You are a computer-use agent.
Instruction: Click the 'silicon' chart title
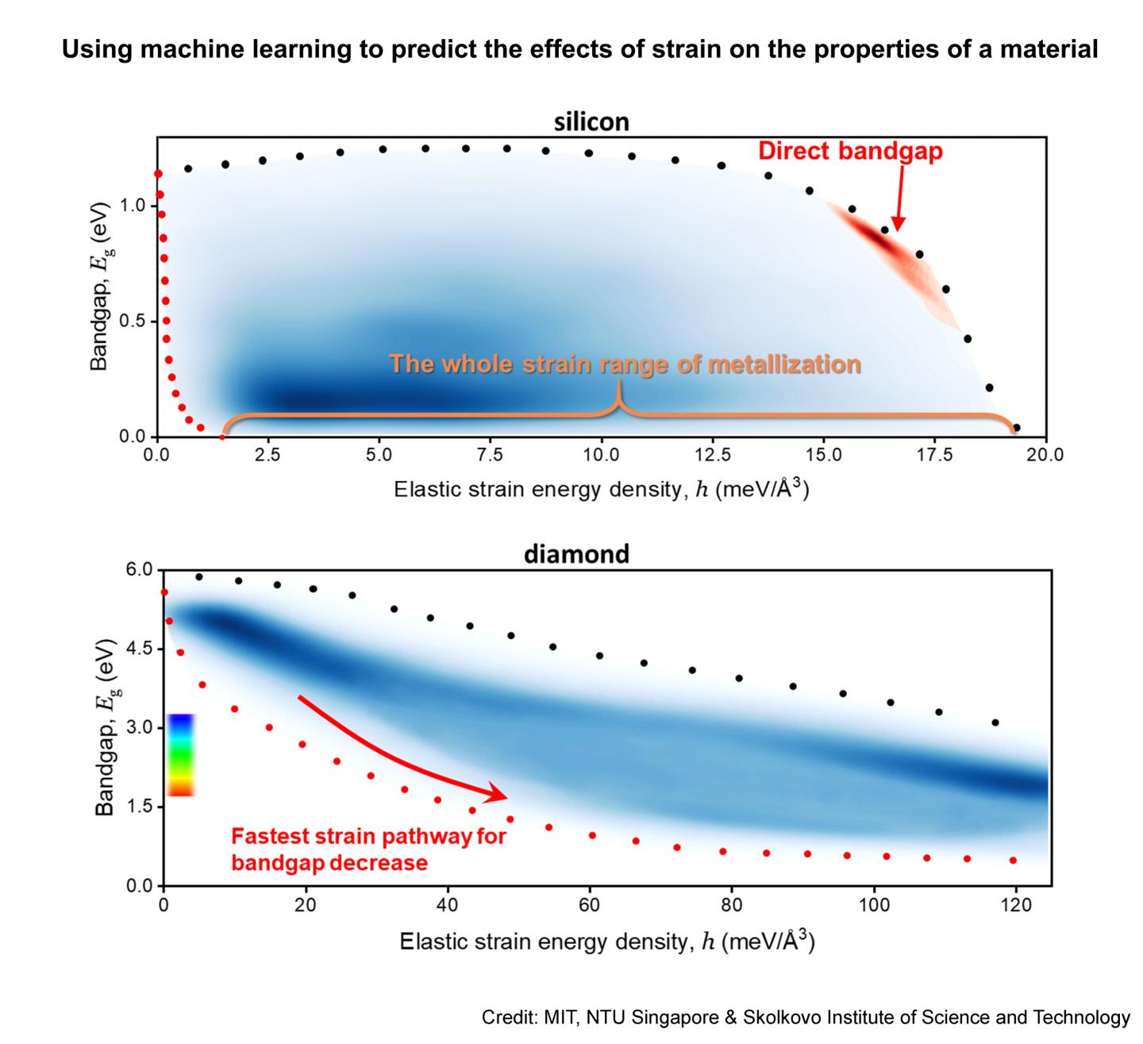[x=591, y=121]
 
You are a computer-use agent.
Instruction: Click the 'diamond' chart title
[x=576, y=553]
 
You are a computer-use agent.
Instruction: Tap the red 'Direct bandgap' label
[x=850, y=151]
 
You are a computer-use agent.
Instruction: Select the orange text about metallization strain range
[x=625, y=364]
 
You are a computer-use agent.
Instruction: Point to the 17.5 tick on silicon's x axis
[x=935, y=455]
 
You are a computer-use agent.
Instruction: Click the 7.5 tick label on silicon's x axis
[x=491, y=455]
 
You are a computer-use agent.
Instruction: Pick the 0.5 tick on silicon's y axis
[x=133, y=322]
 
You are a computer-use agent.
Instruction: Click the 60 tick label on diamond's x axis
[x=589, y=905]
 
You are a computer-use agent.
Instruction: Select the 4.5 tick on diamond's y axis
[x=137, y=649]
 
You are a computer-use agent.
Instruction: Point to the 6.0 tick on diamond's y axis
[x=137, y=570]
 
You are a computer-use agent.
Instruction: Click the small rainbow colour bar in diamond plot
[x=181, y=754]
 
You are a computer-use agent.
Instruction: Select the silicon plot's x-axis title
[x=601, y=489]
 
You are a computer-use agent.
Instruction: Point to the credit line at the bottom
[x=805, y=1018]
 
